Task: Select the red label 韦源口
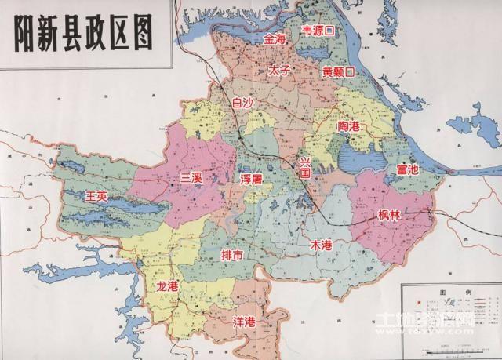tap(319, 31)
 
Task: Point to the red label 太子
tap(279, 70)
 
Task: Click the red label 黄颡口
tap(338, 71)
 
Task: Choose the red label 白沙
tap(244, 102)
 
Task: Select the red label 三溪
tap(191, 179)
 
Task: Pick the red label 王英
tap(98, 195)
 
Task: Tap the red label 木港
tap(322, 245)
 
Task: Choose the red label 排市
tap(232, 256)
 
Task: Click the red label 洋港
tap(245, 322)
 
